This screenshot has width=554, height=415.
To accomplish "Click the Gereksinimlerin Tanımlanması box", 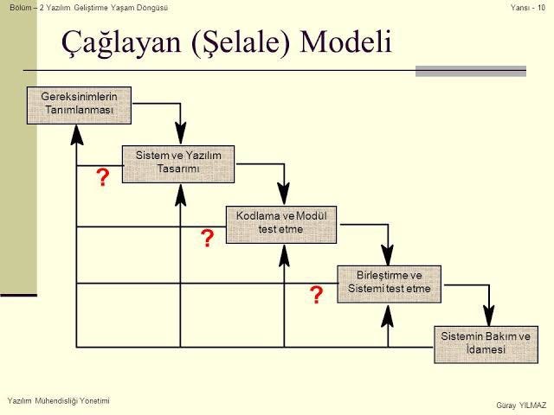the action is point(79,105).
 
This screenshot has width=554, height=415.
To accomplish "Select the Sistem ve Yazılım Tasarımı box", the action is point(178,164).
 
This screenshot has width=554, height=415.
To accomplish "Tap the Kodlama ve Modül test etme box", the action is point(281,225).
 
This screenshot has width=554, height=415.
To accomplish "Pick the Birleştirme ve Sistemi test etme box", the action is point(389,284).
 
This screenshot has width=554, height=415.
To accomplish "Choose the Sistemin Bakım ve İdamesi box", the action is point(486,344).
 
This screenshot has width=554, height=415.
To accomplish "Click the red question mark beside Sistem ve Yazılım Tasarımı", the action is point(103,177).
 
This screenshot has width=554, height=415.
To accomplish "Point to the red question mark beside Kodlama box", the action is point(208,238).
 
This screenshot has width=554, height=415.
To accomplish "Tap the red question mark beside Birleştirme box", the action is point(316,295).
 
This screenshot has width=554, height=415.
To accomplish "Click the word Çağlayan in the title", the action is point(121,42).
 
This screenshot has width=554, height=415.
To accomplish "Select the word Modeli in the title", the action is point(346,41).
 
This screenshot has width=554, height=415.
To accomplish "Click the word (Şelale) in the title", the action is point(241,43).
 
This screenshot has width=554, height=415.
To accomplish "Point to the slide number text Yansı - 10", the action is point(528,8).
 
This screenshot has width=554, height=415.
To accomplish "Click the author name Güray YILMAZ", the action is point(521,405).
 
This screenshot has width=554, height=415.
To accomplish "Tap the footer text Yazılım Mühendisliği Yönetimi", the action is point(59,401).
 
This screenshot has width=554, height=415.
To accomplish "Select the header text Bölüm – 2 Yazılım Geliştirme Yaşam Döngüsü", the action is point(88,8).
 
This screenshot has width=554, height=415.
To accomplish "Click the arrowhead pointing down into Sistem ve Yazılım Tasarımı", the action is point(181,133).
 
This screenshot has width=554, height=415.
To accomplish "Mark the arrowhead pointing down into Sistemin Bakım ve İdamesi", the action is point(489,316).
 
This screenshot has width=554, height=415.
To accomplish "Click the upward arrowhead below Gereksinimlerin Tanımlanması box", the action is point(77,135).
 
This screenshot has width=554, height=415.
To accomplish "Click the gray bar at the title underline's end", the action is point(471,71).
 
